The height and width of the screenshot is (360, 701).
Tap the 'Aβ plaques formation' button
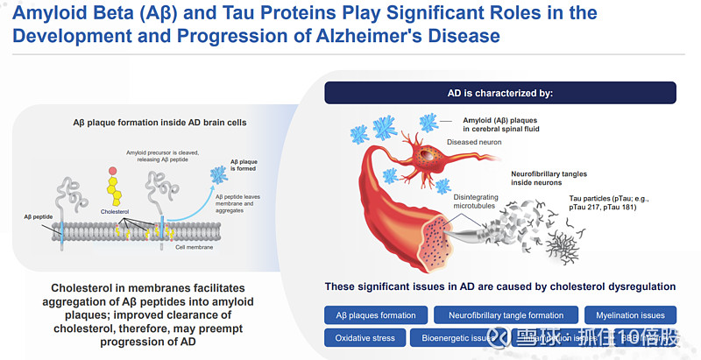pyautogui.click(x=376, y=315)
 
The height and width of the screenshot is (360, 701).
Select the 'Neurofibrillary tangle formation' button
pyautogui.click(x=506, y=315)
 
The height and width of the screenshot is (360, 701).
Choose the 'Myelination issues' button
pyautogui.click(x=630, y=315)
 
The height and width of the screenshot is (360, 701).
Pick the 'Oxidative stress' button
pyautogui.click(x=365, y=338)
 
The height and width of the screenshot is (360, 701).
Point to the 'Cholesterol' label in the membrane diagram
pyautogui.click(x=114, y=211)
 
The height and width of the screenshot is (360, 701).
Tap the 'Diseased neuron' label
pyautogui.click(x=474, y=142)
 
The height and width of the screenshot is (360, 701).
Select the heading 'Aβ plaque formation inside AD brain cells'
pyautogui.click(x=159, y=123)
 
